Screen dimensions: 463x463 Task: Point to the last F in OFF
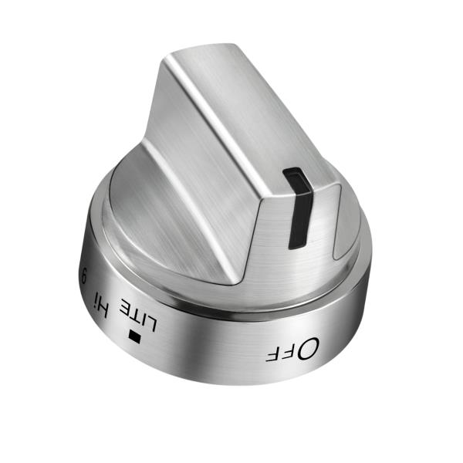coord(273,354)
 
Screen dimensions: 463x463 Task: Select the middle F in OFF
coord(289,353)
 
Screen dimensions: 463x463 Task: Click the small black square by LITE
coord(137,336)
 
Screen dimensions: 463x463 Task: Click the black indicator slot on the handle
coord(296,208)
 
